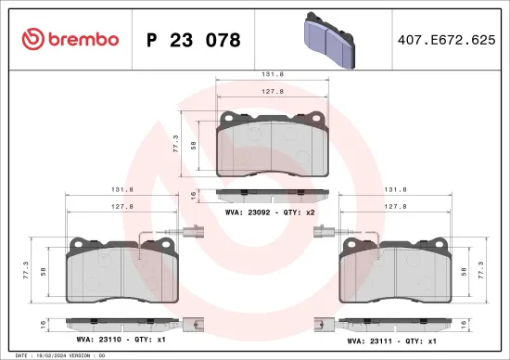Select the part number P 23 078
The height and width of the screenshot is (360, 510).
[194, 40]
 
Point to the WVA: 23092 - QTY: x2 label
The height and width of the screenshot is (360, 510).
[270, 212]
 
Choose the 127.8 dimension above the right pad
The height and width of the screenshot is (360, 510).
[393, 207]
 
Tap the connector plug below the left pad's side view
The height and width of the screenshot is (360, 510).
[192, 325]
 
